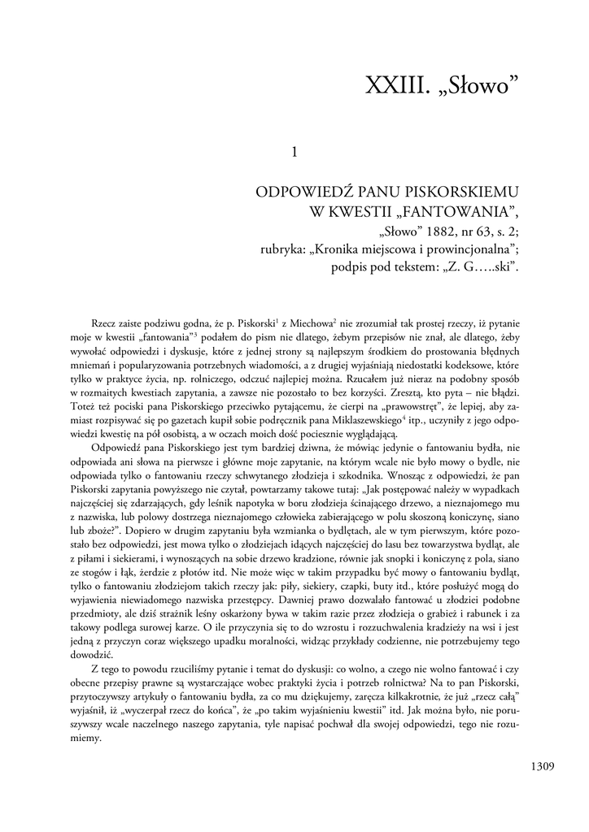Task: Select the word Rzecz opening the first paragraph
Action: tap(107, 323)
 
